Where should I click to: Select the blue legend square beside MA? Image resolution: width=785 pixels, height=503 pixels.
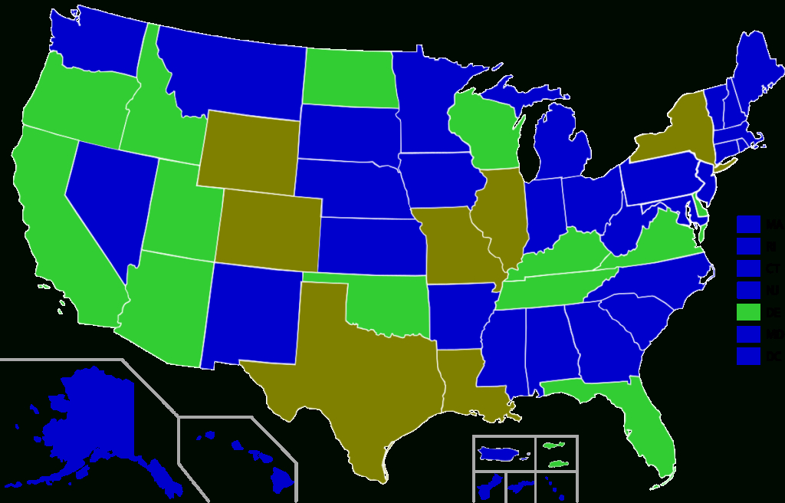[x=748, y=224]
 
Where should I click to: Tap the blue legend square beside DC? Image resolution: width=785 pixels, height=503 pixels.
[x=748, y=356]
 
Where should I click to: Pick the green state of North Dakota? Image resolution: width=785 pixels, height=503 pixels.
[x=348, y=77]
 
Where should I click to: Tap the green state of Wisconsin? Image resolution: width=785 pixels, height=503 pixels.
[x=483, y=130]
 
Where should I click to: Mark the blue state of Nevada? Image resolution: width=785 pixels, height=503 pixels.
[x=103, y=199]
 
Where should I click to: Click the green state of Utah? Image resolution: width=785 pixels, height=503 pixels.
[x=180, y=215]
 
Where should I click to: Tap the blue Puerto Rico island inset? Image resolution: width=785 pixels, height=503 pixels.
[x=502, y=454]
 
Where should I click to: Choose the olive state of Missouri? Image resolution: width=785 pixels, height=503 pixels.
[x=456, y=245]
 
